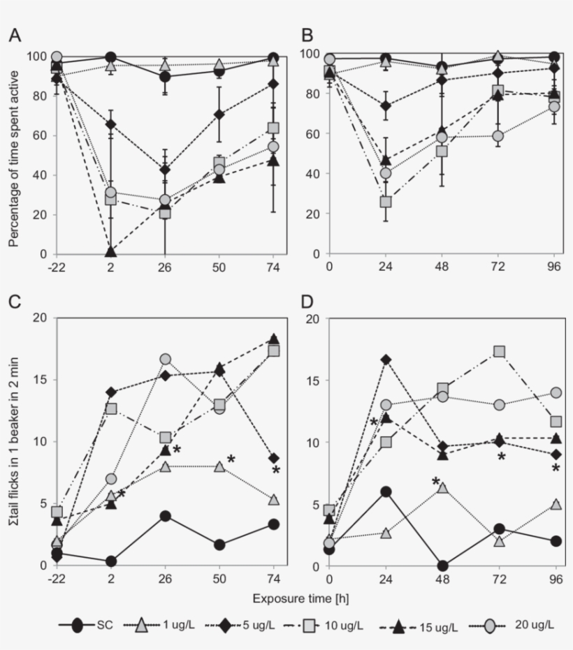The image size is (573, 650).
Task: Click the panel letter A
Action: coord(14,35)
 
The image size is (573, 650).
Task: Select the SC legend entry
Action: coord(91,626)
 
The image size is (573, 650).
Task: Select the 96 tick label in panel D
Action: coord(556,579)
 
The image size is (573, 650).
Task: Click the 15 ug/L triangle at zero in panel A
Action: coord(111,252)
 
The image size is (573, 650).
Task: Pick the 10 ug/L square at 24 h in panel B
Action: coord(385,202)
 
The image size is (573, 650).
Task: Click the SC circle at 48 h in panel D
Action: coord(442,566)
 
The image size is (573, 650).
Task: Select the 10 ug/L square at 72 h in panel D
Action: coord(499,351)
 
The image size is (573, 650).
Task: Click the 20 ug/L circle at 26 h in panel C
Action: coord(166,359)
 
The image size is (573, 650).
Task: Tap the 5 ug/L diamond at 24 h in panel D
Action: coord(385,360)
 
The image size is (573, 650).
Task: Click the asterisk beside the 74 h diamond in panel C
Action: coord(275,471)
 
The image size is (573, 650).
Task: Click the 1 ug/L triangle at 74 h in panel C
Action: coord(274,500)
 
